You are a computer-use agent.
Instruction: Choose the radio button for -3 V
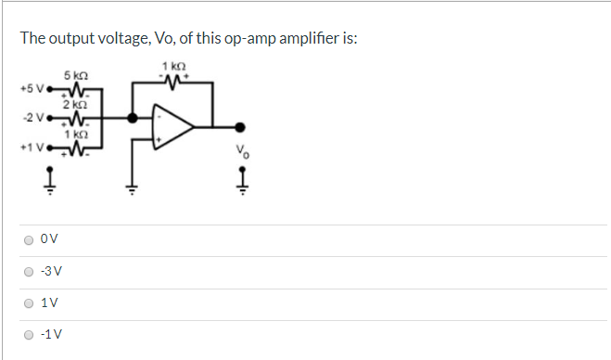pyautogui.click(x=29, y=272)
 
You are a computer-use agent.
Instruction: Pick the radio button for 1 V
pyautogui.click(x=29, y=303)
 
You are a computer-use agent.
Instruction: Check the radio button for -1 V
pyautogui.click(x=29, y=335)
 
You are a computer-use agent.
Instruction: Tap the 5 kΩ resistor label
pyautogui.click(x=75, y=74)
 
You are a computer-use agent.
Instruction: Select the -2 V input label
pyautogui.click(x=31, y=118)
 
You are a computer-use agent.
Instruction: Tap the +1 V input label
pyautogui.click(x=30, y=147)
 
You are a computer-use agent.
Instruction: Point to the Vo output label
pyautogui.click(x=242, y=151)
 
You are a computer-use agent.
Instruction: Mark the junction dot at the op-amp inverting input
pyautogui.click(x=133, y=118)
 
